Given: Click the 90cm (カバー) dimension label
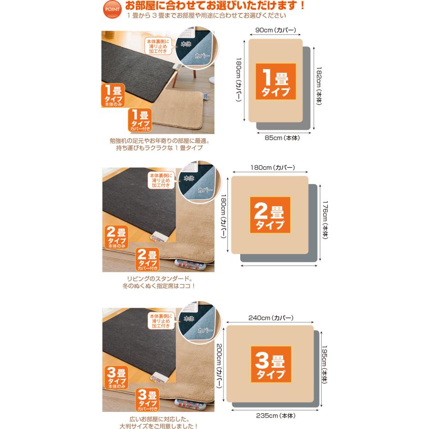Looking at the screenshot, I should click(276, 30).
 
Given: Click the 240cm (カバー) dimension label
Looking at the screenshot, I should click(270, 317).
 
